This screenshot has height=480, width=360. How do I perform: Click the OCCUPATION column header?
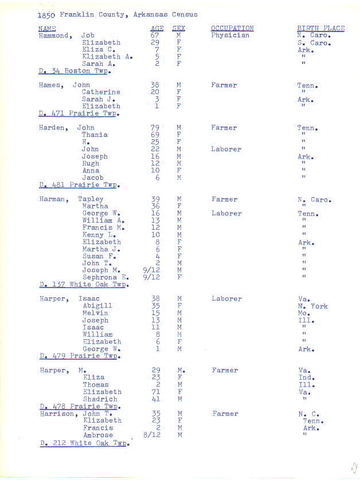[x=232, y=28]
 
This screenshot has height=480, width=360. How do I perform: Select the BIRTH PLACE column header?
[x=320, y=28]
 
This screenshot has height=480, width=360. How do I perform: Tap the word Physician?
[x=230, y=35]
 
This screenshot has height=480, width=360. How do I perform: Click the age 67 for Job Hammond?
[x=155, y=35]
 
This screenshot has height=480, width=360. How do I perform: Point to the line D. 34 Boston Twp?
[x=75, y=71]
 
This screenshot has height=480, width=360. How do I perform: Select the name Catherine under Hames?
[x=101, y=92]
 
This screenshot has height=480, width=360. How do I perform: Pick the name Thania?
[x=95, y=135]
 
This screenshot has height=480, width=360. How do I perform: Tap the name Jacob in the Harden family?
[x=93, y=178]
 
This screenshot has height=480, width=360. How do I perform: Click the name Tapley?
[x=91, y=199]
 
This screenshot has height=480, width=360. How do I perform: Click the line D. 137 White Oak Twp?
[x=84, y=285]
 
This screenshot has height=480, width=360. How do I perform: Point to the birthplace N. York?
[x=312, y=306]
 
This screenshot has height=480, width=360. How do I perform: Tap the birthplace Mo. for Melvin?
[x=304, y=313]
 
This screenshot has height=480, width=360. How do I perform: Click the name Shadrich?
[x=100, y=399]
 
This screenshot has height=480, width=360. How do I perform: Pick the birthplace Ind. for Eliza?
[x=306, y=377]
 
